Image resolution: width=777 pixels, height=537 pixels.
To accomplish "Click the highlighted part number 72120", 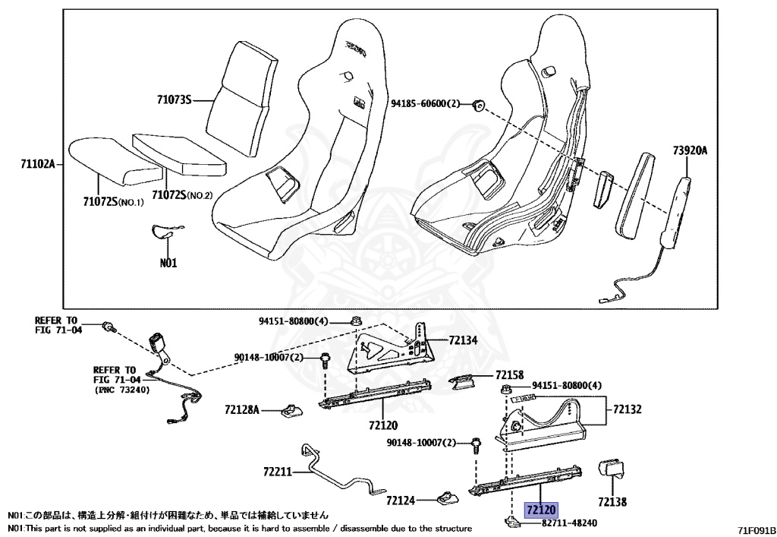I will coord(542,510).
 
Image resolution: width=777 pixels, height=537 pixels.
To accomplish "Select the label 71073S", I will coord(175,100).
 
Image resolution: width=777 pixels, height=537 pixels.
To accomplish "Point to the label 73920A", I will coord(689,150).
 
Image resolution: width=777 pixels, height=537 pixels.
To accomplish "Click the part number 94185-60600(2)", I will coord(426,103).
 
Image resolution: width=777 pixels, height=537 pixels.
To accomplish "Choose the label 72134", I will coord(463,340).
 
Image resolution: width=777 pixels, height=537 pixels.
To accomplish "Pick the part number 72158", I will coord(509,375).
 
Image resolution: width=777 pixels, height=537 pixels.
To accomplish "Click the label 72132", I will coord(627,409).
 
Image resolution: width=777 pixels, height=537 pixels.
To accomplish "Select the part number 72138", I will coord(612,501).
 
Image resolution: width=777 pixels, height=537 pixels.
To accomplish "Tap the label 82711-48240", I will coord(570,523).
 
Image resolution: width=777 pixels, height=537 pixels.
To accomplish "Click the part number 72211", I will coord(277,472).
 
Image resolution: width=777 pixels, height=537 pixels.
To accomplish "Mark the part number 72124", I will coord(400,501).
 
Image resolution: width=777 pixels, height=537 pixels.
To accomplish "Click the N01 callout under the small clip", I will coord(168,264).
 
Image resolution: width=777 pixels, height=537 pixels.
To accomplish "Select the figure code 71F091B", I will coord(755,529).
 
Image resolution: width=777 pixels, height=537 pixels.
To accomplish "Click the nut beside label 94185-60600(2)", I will coord(478,105).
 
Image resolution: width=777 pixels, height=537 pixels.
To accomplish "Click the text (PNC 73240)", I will coord(122,390).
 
